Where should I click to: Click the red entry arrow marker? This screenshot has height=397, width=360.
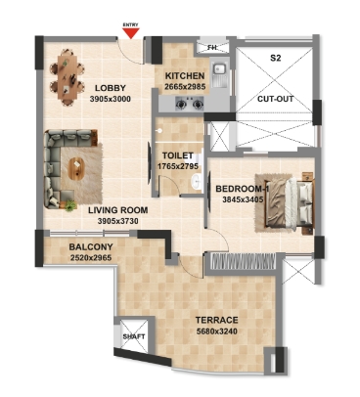click(131, 34)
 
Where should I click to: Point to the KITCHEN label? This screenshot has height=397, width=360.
click(184, 75)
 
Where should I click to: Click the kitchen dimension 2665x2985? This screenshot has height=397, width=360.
click(184, 86)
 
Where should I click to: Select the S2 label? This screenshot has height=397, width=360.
click(276, 58)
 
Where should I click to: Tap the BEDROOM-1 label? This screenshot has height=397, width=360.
click(241, 189)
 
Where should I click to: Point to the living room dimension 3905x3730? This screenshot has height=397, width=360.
click(116, 222)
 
